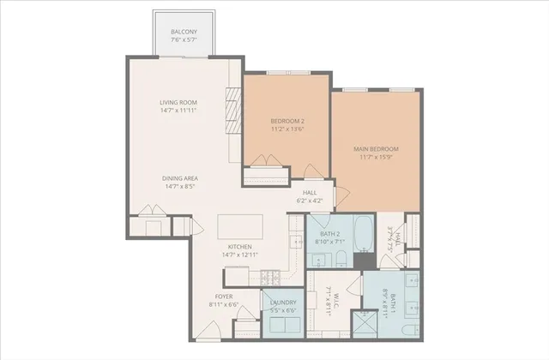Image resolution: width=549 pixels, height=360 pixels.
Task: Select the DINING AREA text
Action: [180, 177]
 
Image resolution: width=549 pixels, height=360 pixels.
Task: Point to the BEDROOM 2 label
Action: [287, 121]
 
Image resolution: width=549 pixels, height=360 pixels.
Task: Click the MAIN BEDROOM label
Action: [376, 149]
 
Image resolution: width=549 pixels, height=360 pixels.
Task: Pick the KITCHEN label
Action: [239, 246]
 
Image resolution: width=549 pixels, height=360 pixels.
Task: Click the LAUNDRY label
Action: [283, 303]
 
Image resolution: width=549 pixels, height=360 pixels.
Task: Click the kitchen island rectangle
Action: [241, 225]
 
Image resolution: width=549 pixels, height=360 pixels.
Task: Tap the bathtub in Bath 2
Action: [364, 231]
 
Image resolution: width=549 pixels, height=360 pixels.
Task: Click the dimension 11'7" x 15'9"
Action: [376, 158]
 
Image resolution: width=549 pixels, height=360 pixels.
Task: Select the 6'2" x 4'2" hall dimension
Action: [310, 201]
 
